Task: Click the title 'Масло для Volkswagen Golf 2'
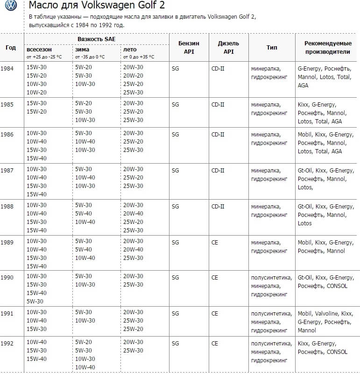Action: point(97,6)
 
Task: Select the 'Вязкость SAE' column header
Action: point(97,38)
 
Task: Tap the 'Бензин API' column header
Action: point(189,47)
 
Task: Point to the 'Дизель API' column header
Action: point(228,47)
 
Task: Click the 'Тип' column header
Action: point(272,47)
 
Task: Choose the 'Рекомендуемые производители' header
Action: point(327,47)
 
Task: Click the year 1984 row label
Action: point(7,68)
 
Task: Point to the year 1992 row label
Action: point(7,343)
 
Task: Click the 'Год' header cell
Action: point(10,47)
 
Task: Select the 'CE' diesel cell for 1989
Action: point(215,243)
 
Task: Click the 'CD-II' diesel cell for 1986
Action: point(218,135)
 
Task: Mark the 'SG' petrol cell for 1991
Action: point(176,313)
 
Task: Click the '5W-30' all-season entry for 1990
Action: point(35,301)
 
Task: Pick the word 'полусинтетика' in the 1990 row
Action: point(271,277)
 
